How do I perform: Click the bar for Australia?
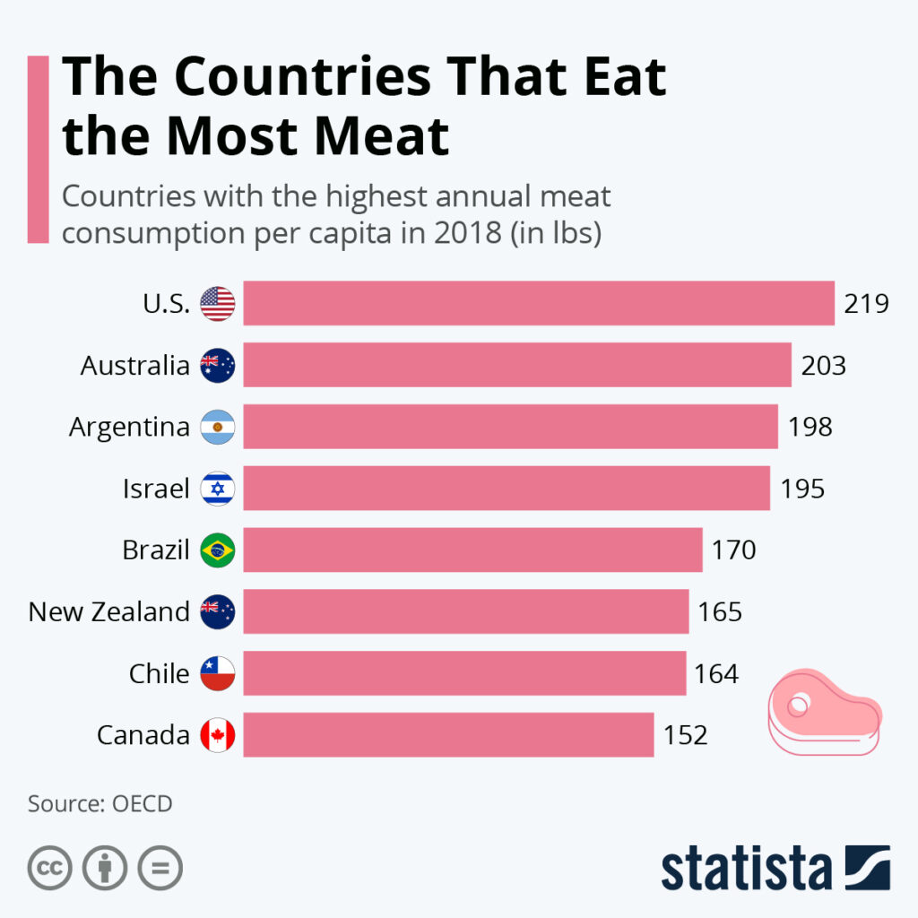click(x=517, y=365)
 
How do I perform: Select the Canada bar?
click(x=448, y=735)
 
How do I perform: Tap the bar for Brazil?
click(x=472, y=550)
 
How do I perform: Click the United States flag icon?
click(x=218, y=304)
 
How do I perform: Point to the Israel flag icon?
click(x=218, y=489)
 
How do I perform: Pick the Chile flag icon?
click(x=218, y=673)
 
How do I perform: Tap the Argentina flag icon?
click(x=218, y=427)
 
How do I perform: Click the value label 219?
click(x=866, y=304)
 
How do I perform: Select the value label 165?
click(x=720, y=612)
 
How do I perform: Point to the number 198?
click(x=810, y=427)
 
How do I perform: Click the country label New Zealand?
click(x=109, y=612)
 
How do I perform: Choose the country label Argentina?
click(x=129, y=427)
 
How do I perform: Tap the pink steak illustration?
click(x=824, y=713)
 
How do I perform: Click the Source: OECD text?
click(x=100, y=803)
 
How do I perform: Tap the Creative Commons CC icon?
click(x=50, y=868)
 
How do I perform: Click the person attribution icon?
click(x=105, y=868)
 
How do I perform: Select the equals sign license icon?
click(x=160, y=868)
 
